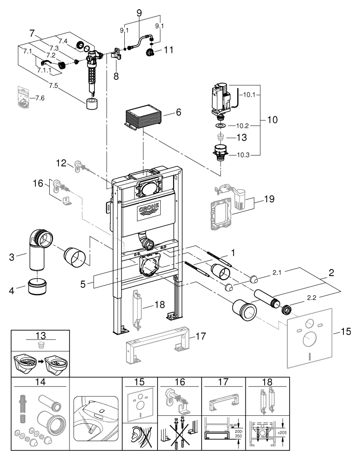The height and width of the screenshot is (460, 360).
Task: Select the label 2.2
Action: [311, 298]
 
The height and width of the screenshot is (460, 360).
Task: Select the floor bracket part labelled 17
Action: [157, 343]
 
